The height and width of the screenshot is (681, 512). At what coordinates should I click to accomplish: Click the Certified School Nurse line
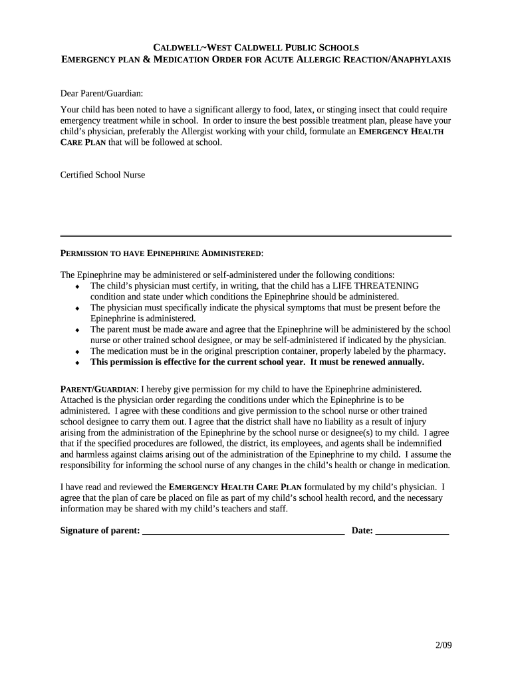102,175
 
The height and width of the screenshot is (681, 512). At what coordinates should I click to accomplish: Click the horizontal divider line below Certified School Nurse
255,236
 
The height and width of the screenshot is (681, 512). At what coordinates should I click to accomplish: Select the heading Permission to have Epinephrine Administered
162,254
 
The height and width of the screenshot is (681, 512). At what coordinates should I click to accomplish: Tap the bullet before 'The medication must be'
77,352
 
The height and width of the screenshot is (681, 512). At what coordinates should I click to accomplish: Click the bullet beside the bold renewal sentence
77,363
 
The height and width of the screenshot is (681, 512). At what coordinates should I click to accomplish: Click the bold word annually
403,362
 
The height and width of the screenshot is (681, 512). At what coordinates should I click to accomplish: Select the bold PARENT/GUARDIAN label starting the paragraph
99,388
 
